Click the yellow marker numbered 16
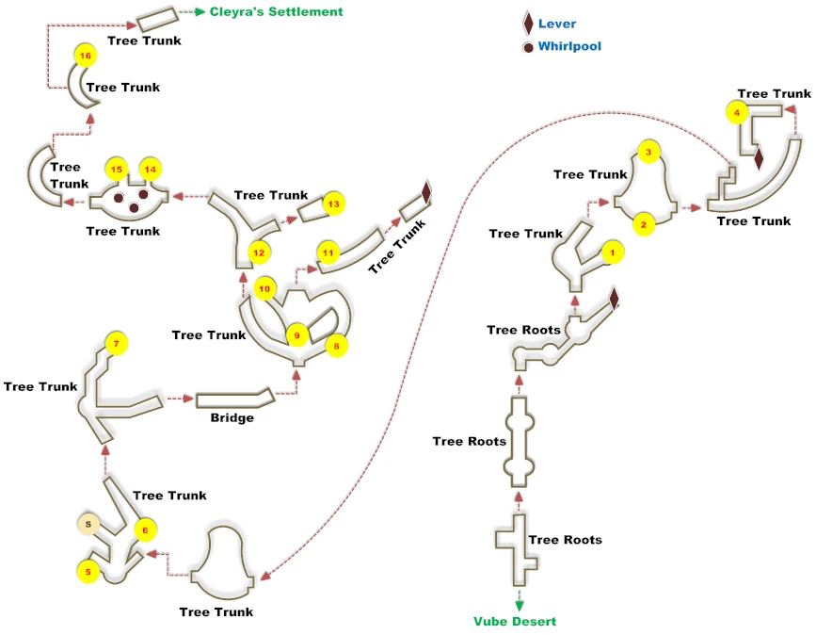point(86,56)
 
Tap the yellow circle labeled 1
point(613,252)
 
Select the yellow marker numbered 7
point(116,343)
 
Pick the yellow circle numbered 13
point(334,204)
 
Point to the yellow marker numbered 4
point(737,112)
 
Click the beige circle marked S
point(88,524)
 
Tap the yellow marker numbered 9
point(297,335)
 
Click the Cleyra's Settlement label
point(277,12)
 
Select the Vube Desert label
point(515,621)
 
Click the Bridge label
point(232,417)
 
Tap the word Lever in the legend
point(557,24)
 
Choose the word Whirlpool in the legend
point(569,46)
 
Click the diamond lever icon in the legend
point(528,24)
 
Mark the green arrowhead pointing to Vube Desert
point(519,605)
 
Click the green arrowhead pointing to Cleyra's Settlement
point(200,11)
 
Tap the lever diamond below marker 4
point(759,158)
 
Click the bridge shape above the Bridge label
point(235,399)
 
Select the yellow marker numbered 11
point(328,253)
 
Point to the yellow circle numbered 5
point(88,572)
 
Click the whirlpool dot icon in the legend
point(528,47)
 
